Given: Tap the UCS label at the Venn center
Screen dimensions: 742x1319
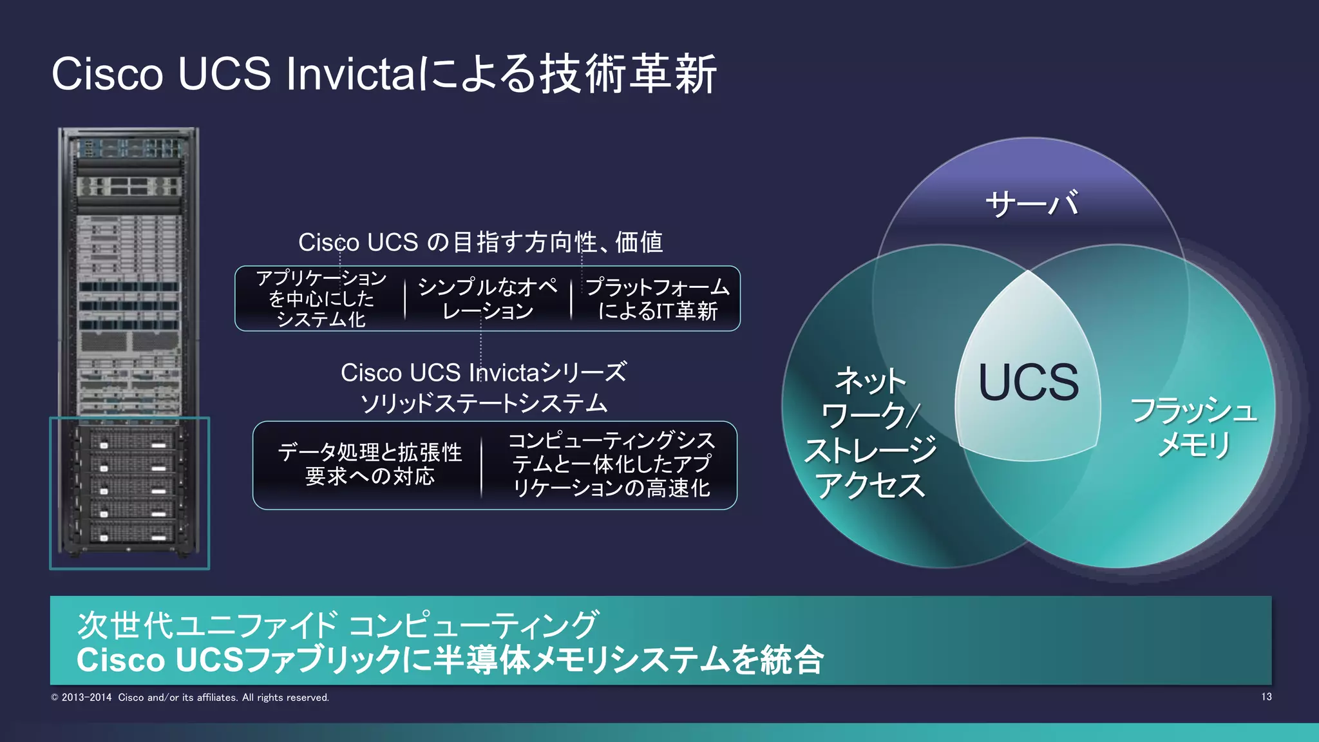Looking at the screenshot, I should coord(1029,383).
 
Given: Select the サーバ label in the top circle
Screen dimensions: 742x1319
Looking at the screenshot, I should coord(1031,204).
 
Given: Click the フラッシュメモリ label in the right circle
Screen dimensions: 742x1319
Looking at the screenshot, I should coord(1193,427).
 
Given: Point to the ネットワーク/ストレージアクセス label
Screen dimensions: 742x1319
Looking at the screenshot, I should coord(870,433).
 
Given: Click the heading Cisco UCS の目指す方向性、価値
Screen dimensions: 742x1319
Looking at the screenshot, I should coord(480,242).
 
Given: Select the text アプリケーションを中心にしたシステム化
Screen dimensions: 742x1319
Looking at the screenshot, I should coord(321,299).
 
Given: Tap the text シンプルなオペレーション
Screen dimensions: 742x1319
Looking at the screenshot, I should coord(488,299).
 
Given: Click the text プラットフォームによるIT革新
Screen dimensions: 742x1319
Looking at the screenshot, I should coord(657,299).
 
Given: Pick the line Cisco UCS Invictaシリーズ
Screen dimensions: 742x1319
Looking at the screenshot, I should coord(483,372).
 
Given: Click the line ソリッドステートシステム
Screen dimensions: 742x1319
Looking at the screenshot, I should coord(483,403).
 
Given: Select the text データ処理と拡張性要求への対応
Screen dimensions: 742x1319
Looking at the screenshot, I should coord(370,464).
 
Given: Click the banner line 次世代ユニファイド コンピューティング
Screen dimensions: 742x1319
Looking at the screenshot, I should coord(337,625).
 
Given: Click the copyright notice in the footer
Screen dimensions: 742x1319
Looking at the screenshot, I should coord(190,698).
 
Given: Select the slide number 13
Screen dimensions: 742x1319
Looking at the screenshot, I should coord(1266,697).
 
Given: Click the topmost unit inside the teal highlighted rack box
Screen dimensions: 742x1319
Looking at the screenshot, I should coord(129,441).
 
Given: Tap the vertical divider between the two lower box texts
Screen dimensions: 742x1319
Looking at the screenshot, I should coord(481,466).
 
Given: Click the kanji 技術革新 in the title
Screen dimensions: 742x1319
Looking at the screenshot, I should coord(628,73).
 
